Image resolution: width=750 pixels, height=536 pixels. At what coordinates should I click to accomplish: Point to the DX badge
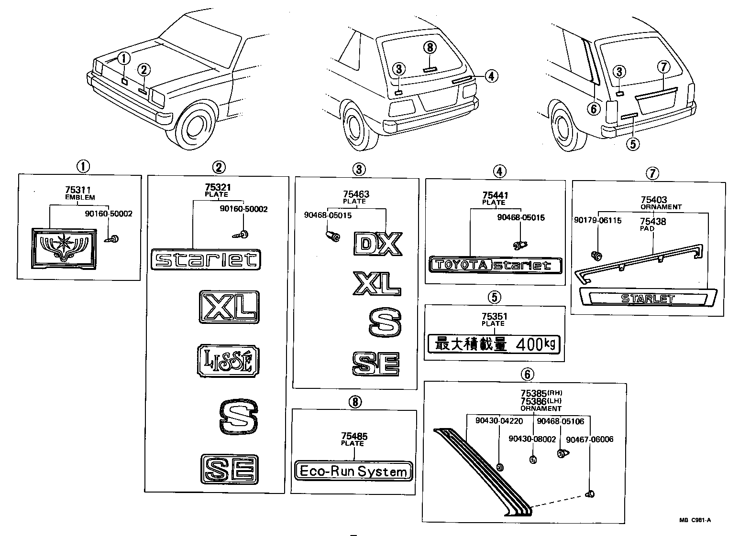[378, 244]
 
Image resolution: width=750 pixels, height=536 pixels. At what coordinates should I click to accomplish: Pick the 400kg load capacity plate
[495, 343]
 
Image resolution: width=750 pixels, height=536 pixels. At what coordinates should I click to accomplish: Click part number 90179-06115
[598, 221]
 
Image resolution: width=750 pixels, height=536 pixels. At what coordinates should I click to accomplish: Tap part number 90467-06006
[589, 440]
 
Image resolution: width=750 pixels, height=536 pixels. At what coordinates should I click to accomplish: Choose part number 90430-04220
[499, 421]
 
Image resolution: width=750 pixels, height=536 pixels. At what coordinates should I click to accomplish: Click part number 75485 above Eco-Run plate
[354, 436]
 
